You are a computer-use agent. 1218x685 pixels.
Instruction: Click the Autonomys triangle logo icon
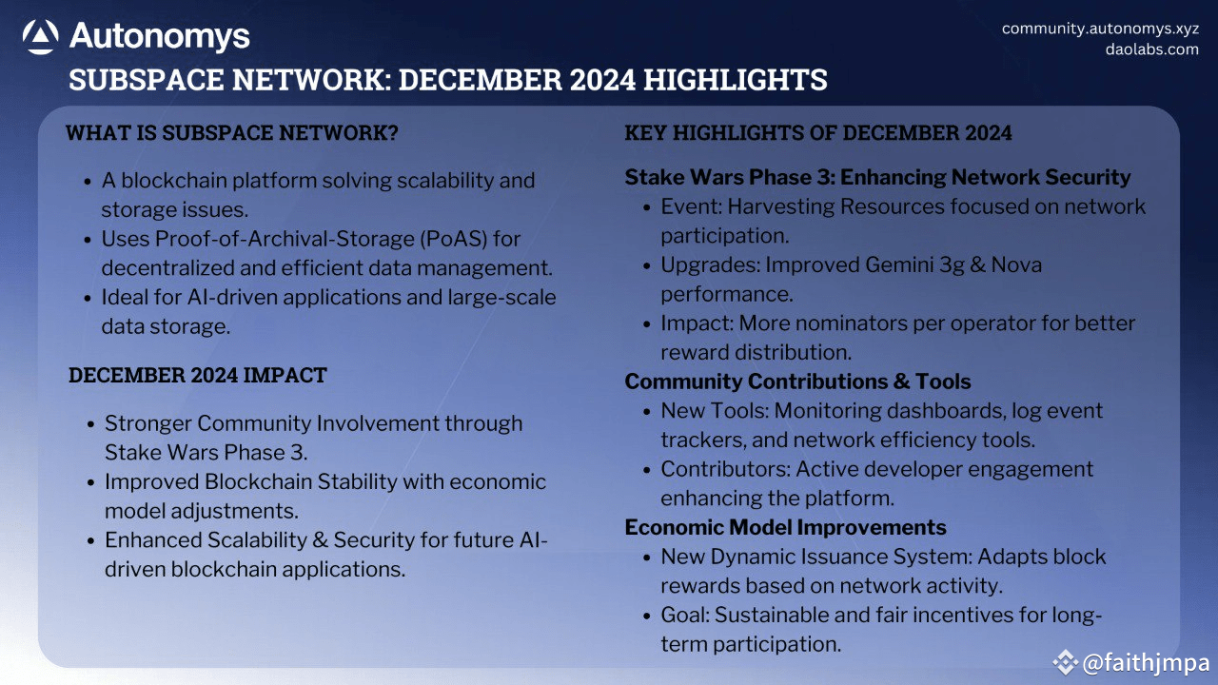pos(40,37)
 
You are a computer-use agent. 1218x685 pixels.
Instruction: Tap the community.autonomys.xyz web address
pos(1100,29)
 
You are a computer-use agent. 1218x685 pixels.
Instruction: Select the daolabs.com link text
pos(1151,49)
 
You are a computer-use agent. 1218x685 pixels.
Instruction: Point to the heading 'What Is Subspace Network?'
pos(232,132)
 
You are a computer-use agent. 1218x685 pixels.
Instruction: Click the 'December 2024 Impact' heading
pos(197,375)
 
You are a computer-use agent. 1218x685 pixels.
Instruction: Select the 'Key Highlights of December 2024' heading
pos(817,132)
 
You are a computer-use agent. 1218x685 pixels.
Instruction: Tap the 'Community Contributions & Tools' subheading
pos(797,382)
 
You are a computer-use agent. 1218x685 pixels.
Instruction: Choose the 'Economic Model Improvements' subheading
pos(785,527)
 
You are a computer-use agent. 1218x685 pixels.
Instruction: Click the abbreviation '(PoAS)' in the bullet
pos(454,239)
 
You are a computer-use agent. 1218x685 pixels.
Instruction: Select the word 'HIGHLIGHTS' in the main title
pos(736,80)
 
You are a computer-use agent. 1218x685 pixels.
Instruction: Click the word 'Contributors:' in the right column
pos(725,469)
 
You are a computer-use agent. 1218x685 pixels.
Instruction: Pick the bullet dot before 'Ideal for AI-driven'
pos(88,299)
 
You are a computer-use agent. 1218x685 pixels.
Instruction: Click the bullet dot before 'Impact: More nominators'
pos(646,324)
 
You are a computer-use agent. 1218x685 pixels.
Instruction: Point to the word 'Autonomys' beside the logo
pos(160,37)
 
